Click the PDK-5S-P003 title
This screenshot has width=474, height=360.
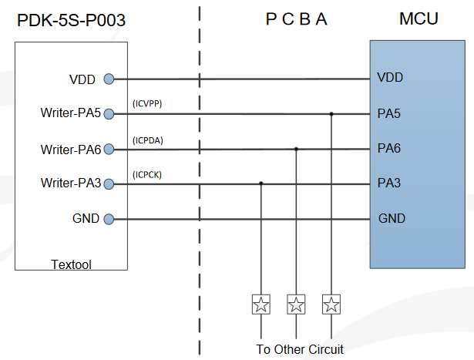[71, 21]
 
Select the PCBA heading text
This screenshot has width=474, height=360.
[297, 19]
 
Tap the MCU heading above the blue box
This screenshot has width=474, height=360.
[419, 19]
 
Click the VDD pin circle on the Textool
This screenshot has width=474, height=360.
[109, 79]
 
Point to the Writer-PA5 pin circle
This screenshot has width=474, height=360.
[109, 114]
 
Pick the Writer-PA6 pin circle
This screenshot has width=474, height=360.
[109, 150]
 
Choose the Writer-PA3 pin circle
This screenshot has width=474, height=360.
[109, 183]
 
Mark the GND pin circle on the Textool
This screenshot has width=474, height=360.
[109, 219]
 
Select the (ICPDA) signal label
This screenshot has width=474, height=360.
[148, 140]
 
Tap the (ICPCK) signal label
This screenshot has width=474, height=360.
[147, 174]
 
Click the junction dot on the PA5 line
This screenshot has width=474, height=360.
[331, 114]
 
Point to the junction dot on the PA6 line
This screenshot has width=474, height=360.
[297, 149]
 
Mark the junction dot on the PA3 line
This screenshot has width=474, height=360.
[261, 183]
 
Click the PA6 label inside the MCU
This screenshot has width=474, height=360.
[388, 148]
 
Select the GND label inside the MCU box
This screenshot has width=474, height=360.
[392, 219]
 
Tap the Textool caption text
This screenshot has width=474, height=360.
[71, 264]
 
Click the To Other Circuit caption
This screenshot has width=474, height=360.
[300, 349]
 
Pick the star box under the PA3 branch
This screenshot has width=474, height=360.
[261, 304]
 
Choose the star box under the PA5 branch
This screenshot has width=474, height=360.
[331, 304]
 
